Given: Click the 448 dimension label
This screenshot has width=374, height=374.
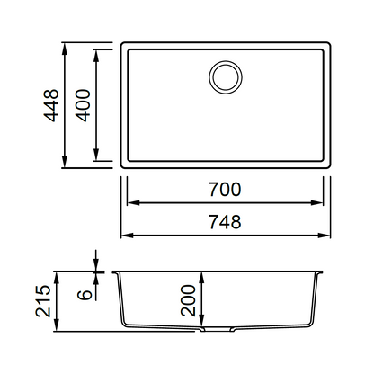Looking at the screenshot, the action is click(x=51, y=105).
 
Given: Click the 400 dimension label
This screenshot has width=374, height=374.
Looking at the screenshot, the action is click(x=83, y=105).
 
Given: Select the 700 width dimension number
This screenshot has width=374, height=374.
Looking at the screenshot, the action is click(x=225, y=190).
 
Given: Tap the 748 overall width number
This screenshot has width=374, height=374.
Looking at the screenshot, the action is click(x=225, y=222).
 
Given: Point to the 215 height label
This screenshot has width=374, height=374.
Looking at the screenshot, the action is click(x=43, y=301).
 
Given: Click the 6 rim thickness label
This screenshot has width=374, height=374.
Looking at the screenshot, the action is click(x=85, y=295).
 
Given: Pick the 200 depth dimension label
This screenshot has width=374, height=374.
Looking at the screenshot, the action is click(x=188, y=300).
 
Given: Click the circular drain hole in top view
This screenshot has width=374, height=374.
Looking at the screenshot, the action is click(x=226, y=77).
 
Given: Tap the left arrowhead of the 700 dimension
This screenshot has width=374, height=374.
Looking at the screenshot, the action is click(x=133, y=203).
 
